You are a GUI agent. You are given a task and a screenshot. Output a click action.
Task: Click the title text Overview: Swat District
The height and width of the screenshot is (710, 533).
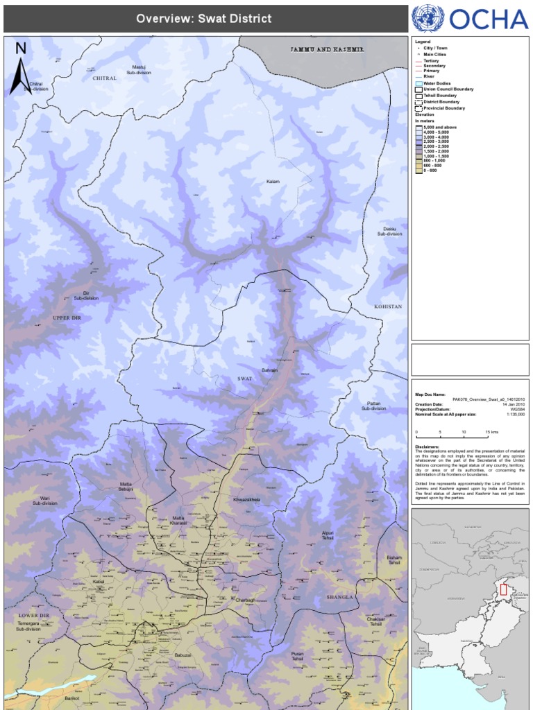click(x=203, y=19)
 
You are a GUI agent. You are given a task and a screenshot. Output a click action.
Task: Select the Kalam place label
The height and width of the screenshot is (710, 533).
click(x=273, y=182)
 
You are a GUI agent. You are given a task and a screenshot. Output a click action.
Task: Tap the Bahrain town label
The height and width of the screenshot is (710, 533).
click(x=269, y=370)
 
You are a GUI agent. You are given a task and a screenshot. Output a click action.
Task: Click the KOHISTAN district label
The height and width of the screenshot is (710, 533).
click(x=388, y=306)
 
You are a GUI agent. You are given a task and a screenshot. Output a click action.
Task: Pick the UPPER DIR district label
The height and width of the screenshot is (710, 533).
click(x=67, y=318)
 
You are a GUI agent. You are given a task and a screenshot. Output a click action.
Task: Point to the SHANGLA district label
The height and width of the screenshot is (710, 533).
click(x=339, y=596)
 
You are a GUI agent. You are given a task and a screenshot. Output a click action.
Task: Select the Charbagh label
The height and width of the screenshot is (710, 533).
click(x=246, y=600)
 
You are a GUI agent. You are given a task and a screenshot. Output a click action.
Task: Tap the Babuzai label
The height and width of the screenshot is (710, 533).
click(x=183, y=655)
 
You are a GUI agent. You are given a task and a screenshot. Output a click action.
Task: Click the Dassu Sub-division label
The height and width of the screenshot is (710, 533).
click(x=389, y=232)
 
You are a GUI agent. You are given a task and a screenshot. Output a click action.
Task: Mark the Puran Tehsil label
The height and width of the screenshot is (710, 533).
click(x=298, y=655)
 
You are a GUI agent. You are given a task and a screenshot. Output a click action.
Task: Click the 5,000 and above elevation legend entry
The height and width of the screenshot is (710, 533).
click(x=441, y=128)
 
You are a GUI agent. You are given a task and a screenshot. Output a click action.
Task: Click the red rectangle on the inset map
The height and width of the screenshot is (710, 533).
click(x=503, y=591)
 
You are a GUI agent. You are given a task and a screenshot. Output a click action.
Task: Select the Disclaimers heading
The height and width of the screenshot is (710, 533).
click(x=428, y=447)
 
